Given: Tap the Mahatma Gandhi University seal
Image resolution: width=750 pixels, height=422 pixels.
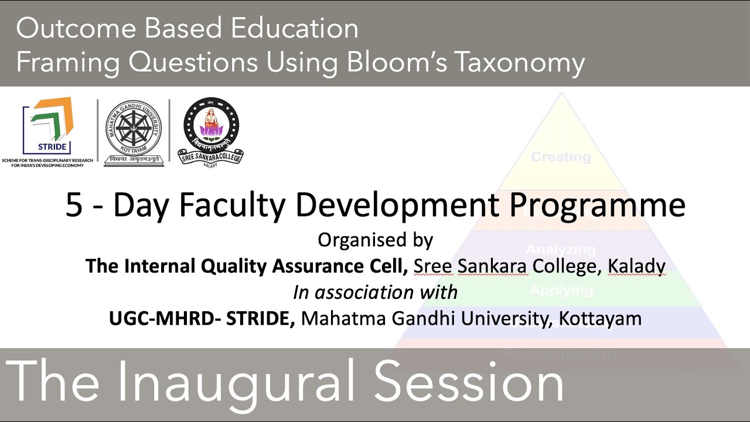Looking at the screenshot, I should (134, 132).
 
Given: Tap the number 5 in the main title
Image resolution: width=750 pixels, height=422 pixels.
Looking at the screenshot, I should (74, 205).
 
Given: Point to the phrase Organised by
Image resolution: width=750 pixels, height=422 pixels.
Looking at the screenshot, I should (375, 240).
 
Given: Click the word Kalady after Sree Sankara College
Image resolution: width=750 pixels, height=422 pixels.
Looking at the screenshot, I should (636, 267).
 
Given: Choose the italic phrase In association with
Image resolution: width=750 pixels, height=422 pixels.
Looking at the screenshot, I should (375, 292).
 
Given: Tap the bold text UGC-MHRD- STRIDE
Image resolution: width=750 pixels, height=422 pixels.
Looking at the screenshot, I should (202, 318).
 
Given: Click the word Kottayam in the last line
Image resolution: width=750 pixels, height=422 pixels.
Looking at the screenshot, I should (600, 319).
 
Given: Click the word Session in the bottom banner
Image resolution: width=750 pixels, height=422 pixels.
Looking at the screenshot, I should (469, 382).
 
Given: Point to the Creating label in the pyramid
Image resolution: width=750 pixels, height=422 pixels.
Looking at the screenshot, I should (561, 157).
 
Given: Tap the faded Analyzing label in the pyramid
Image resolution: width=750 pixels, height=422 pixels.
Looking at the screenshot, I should (561, 250).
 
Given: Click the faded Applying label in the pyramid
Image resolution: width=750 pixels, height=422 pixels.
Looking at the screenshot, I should (561, 290).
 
